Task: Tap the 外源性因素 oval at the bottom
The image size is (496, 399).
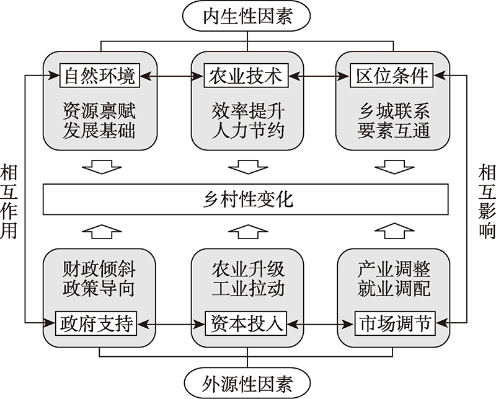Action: coord(247,379)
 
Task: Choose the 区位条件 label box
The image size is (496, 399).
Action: coord(393,76)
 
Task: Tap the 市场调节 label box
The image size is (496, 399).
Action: coord(393,323)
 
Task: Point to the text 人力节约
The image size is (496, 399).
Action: coord(247,131)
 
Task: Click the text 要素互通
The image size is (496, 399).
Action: coord(393,131)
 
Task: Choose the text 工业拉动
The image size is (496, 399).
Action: coord(247,290)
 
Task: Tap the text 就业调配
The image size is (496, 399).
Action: coord(393,290)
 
